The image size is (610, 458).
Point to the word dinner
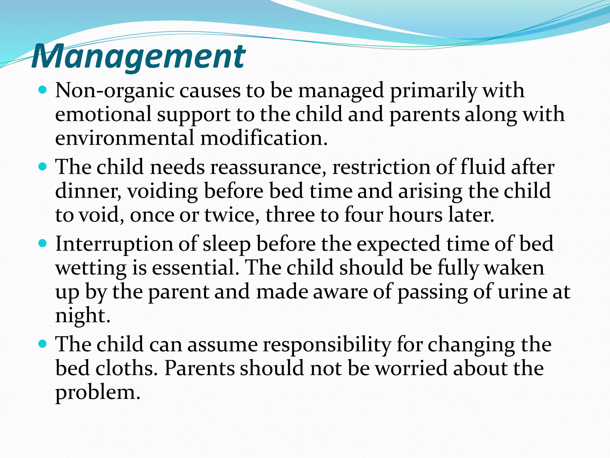(x=88, y=191)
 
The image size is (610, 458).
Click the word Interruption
(x=114, y=245)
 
